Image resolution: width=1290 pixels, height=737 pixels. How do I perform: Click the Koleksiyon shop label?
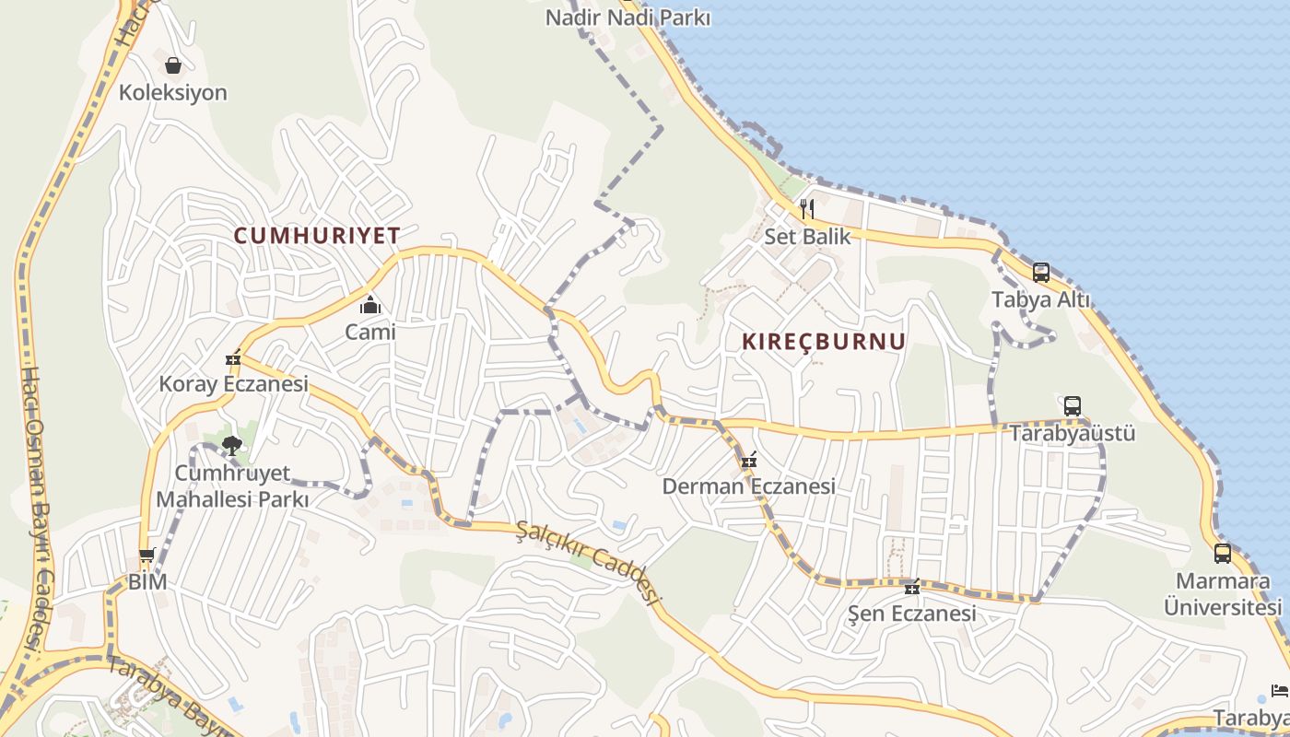point(172,93)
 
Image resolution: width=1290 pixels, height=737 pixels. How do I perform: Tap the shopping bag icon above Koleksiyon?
point(172,65)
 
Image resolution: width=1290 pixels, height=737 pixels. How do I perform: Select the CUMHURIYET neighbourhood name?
point(317,236)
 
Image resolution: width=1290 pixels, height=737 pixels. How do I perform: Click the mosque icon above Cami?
point(370,305)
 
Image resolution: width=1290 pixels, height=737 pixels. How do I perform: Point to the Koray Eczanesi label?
point(234,384)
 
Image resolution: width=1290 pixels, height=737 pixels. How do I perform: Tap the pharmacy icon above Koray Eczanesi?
point(233,358)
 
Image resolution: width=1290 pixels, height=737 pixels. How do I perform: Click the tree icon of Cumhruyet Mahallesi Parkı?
point(231,447)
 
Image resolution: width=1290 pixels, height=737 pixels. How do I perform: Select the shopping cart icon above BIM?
point(147,556)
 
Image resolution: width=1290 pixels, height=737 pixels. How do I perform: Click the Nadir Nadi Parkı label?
point(628,18)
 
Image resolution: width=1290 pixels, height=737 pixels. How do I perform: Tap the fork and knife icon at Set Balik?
point(807,208)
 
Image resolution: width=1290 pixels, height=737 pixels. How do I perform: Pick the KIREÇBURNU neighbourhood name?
point(824,342)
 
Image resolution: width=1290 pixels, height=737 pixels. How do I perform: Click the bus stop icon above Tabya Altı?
point(1040,273)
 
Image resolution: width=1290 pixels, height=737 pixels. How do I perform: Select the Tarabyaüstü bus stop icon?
point(1072,406)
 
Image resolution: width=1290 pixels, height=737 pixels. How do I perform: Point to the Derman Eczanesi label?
point(748,486)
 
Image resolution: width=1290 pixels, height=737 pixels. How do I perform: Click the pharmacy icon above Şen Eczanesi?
point(912,588)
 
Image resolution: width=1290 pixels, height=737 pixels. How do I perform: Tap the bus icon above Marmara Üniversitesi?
point(1222,554)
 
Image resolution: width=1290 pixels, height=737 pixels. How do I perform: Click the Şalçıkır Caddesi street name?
point(590,562)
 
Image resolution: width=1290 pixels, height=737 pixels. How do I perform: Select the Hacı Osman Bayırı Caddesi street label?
point(35,507)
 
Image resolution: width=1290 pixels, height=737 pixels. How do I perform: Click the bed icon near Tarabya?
point(1278,690)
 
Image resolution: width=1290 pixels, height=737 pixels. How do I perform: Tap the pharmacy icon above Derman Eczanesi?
point(748,460)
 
